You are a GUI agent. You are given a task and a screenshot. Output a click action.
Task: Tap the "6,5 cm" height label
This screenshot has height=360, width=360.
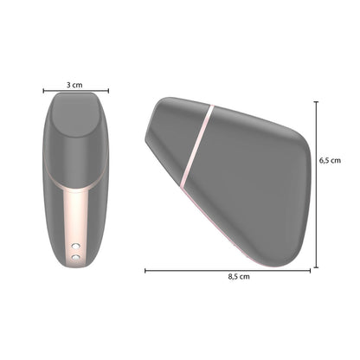(331, 160)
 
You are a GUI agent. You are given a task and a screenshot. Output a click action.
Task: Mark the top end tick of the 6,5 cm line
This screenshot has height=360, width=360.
(317, 101)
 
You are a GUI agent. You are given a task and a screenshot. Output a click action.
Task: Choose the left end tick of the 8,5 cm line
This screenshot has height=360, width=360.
(145, 270)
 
